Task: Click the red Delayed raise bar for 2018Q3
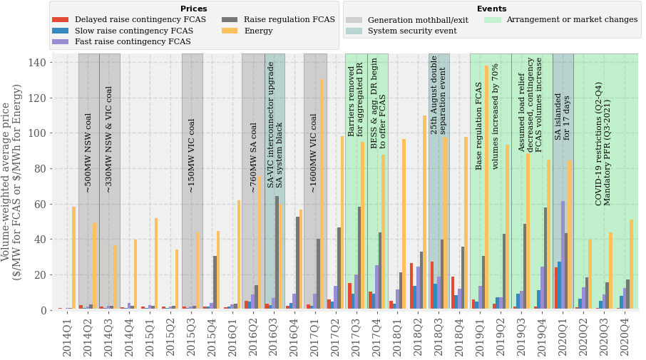[431, 285]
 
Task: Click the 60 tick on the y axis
[40, 204]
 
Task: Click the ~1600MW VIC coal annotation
[314, 153]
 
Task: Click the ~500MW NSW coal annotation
[88, 153]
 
